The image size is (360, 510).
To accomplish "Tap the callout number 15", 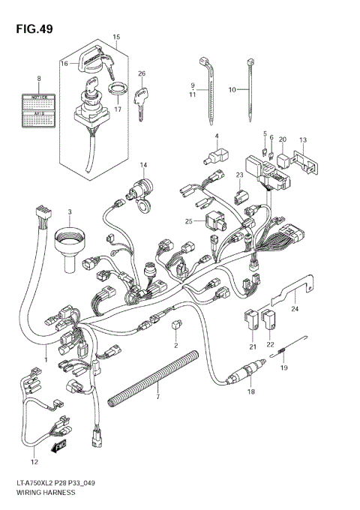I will pos(116,37).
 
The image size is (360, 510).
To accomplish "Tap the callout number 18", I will pos(250,392).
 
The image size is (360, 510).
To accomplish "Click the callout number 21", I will pos(253,346).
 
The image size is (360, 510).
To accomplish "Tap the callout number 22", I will pos(271,346).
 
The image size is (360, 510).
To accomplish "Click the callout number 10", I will pos(232,89).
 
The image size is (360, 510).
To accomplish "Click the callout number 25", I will pos(189,221).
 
